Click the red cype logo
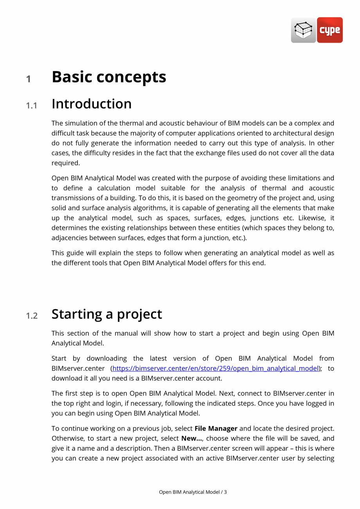329,30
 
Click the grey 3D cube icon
303,30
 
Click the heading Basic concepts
109,77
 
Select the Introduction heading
92,104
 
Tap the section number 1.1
32,105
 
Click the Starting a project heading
106,314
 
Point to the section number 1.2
32,316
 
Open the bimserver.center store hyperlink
216,368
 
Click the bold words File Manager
216,428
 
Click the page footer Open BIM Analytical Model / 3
193,492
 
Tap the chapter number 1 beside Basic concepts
28,79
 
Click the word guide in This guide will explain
74,253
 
